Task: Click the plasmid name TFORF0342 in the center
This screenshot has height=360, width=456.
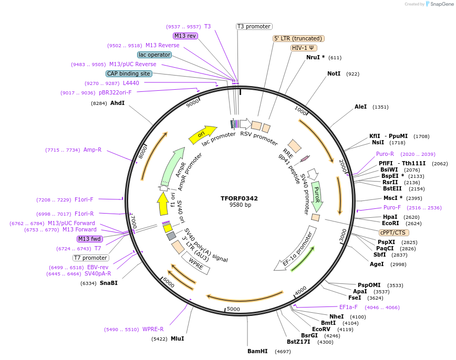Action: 239,198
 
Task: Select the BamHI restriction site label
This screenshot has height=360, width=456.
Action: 257,351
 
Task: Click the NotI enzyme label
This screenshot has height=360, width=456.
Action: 334,74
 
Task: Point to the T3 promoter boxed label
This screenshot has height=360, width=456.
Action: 254,26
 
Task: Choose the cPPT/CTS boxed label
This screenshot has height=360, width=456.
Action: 393,232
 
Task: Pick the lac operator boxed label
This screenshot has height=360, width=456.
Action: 154,55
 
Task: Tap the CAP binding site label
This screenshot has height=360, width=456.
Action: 129,73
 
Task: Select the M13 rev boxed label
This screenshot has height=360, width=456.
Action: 185,36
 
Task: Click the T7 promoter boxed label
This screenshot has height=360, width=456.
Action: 91,258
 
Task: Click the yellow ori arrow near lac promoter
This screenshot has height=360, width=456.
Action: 203,134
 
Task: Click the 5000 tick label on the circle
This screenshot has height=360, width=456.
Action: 233,309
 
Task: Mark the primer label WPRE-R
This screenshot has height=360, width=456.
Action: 153,330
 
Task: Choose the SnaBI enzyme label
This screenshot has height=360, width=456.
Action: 109,283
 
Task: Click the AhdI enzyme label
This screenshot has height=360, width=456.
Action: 117,103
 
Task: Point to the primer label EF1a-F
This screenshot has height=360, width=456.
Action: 348,307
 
